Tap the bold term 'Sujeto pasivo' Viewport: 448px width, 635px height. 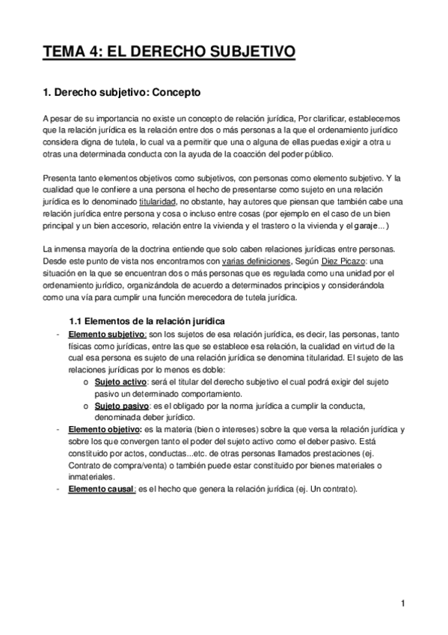tap(121, 405)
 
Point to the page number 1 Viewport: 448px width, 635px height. tap(402, 604)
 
